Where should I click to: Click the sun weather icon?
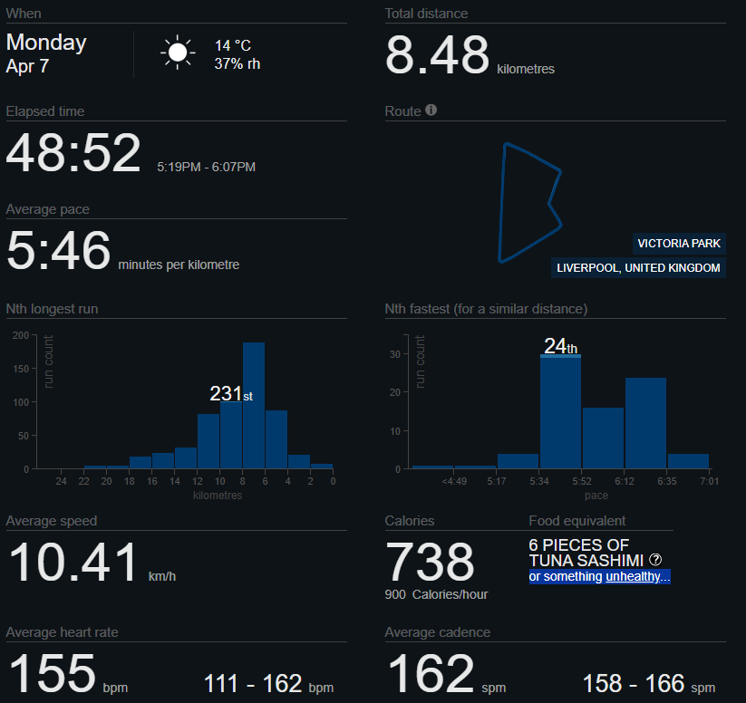(178, 53)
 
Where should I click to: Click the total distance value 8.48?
(437, 56)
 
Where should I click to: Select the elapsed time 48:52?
(73, 153)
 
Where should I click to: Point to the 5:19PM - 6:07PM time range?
(206, 168)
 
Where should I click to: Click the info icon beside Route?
(431, 111)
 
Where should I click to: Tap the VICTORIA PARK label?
(679, 244)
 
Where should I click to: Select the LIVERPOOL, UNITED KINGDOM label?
(639, 268)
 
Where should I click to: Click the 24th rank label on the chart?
(560, 346)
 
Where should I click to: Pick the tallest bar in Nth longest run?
(254, 405)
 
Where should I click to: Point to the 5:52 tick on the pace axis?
(582, 480)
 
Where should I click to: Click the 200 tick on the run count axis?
(21, 335)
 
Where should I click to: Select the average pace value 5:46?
(58, 251)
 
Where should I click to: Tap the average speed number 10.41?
(73, 563)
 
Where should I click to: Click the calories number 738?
(430, 563)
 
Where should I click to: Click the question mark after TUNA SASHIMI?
(655, 560)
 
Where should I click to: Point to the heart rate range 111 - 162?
(253, 683)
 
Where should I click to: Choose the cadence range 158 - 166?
(635, 683)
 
